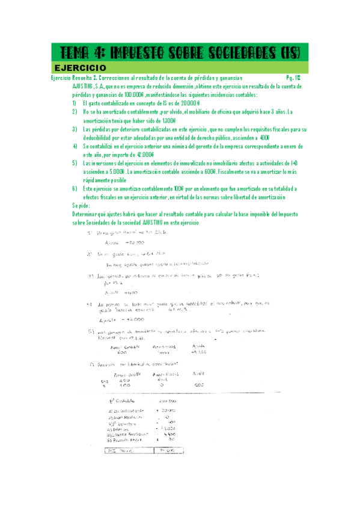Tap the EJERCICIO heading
click(80, 67)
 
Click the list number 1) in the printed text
click(74, 103)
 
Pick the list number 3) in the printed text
click(74, 129)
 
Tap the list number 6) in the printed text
click(74, 188)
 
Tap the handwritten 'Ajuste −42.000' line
click(122, 319)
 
